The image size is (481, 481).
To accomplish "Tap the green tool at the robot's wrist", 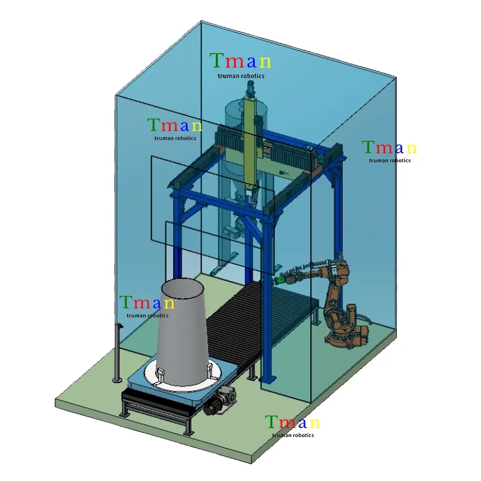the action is (280, 280).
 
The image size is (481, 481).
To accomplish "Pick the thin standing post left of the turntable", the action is (117, 353).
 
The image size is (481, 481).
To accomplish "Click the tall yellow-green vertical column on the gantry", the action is (251, 142).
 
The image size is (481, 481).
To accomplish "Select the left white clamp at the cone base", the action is (161, 375).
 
